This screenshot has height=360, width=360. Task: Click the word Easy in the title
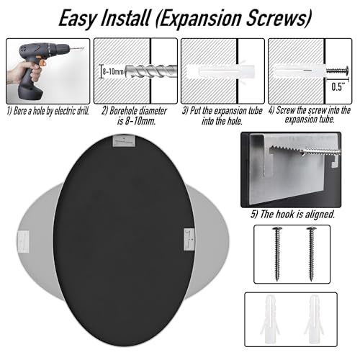point(77,19)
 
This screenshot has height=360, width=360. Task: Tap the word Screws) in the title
point(279,18)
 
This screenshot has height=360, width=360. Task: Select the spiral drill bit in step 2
point(150,71)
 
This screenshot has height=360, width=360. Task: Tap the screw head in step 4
point(347,71)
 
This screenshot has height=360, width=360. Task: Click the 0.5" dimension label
point(338,87)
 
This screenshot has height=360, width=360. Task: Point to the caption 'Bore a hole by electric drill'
point(48,111)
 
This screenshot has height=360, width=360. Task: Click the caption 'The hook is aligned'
point(292,214)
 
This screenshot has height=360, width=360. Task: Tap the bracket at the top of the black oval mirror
point(124,140)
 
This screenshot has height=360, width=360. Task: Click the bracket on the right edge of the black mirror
point(189,240)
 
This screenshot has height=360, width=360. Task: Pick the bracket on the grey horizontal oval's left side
point(23,242)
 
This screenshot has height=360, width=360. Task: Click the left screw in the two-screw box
point(277,253)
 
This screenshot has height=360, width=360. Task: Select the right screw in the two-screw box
point(311,253)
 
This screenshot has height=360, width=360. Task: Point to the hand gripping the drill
point(24,74)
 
